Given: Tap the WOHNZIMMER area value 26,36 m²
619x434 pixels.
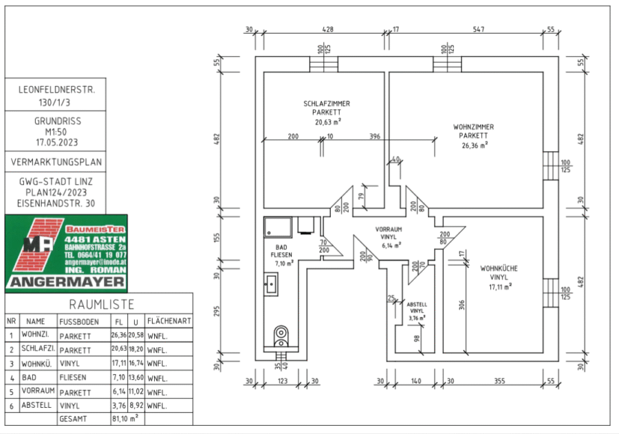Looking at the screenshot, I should pos(473,145).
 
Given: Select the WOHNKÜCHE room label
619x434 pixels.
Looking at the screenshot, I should pos(499,269).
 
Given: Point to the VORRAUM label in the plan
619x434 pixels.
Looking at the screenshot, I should pos(389,229).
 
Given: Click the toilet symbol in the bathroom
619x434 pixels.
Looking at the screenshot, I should pos(281,336).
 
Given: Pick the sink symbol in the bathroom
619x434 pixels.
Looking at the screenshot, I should pos(272,282).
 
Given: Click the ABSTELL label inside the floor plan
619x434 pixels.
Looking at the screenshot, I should pos(417,304).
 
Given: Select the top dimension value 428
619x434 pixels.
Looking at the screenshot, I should pos(328,30).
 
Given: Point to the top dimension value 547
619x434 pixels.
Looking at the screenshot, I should pos(478,30).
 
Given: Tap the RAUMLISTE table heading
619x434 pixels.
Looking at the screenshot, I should pos(101,304).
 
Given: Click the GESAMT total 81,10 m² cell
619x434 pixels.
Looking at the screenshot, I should pos(124,417).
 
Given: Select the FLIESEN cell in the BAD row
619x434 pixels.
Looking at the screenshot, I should pos(74,378).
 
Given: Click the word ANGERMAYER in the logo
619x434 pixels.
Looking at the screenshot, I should pos(67,282).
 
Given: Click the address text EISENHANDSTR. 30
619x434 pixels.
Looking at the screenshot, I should pos(57,204).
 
